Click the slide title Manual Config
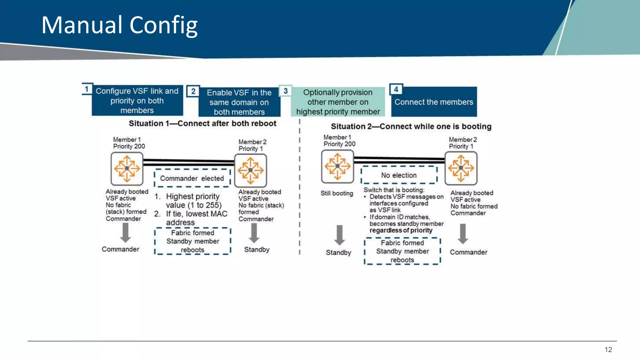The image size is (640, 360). [119, 25]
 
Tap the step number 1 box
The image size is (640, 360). [87, 89]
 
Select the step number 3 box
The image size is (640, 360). [285, 91]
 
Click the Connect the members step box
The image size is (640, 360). [434, 102]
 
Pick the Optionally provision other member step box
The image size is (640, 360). [338, 102]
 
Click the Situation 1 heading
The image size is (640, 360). [202, 123]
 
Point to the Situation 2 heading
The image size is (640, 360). [411, 126]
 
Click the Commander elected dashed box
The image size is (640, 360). [192, 178]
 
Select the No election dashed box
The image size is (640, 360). [399, 175]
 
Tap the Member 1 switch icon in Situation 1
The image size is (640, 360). [127, 168]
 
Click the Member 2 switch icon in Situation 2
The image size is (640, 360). [461, 168]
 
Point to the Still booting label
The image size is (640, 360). [337, 193]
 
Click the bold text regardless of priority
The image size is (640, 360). [401, 230]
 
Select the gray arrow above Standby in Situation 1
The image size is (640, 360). [254, 233]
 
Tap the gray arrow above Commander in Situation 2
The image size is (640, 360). [463, 234]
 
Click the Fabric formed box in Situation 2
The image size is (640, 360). [402, 251]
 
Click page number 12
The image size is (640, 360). [608, 350]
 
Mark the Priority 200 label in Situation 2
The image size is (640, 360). [339, 144]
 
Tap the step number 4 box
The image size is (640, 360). [396, 90]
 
